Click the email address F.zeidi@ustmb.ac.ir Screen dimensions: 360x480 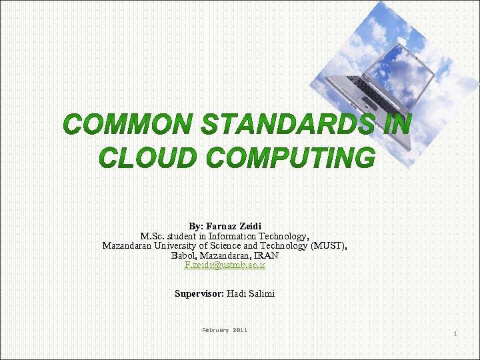[225, 265]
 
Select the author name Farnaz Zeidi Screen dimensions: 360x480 [233, 226]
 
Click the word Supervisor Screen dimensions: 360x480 [199, 293]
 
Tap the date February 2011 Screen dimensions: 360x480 [225, 330]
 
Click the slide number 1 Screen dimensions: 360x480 [455, 333]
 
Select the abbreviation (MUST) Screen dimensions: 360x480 [326, 245]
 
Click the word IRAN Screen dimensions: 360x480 [265, 255]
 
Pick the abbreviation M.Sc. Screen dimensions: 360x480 [153, 236]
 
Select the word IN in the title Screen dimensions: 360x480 [397, 125]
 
